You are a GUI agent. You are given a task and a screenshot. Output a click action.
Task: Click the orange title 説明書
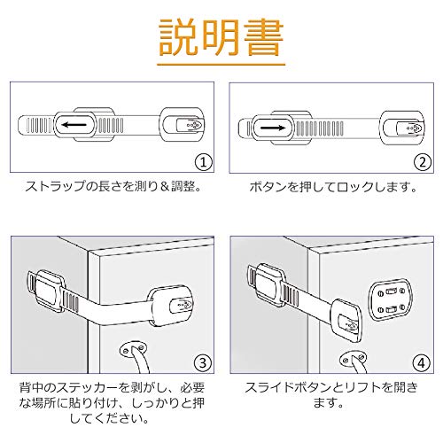221,37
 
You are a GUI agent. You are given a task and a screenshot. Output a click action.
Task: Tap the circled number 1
204,162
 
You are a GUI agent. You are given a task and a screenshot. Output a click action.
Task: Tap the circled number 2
423,162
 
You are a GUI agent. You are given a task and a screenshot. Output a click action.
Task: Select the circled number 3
204,363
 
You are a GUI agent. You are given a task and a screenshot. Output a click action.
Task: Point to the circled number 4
422,363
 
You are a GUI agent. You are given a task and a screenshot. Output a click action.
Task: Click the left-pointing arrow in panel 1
74,125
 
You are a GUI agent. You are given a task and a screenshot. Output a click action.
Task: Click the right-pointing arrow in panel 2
273,128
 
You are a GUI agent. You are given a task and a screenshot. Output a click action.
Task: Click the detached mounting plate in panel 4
390,299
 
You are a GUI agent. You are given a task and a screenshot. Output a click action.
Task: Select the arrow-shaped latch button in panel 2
410,128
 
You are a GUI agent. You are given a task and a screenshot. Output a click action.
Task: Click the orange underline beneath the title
221,64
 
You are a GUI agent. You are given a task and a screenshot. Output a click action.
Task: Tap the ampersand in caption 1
166,187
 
